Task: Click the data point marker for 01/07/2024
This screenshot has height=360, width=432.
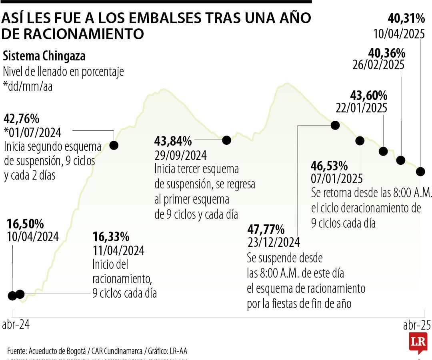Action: tap(114, 145)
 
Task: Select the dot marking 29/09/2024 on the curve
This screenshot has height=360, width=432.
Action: tap(226, 140)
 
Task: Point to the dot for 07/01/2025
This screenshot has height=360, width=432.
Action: tap(360, 140)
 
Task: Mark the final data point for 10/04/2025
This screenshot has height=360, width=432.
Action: tap(420, 172)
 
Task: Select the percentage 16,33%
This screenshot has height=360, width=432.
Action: tap(111, 237)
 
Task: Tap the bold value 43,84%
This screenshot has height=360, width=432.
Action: tap(173, 141)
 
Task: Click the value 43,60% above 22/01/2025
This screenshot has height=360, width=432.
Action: tap(368, 95)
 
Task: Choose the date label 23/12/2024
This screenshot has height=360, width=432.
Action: tap(274, 242)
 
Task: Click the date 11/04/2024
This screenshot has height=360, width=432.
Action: tap(118, 251)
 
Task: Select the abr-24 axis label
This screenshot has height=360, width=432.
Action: tap(16, 324)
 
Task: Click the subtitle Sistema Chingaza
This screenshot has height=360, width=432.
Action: tap(44, 56)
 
